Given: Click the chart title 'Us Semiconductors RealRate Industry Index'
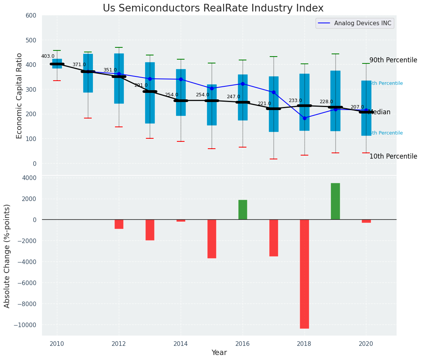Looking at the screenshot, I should (213, 8).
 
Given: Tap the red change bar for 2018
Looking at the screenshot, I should (304, 274).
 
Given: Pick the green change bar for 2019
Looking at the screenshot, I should (335, 201).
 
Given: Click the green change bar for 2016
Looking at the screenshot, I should (243, 209).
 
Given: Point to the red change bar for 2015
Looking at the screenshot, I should (212, 238).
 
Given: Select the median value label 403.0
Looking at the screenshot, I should (48, 57).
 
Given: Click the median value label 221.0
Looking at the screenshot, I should (264, 104).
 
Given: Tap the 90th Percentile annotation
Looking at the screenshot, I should (393, 60).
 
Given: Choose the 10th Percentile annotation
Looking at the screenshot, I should (393, 157).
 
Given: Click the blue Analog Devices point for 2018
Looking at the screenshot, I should (304, 118).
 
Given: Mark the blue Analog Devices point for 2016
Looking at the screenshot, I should (243, 84).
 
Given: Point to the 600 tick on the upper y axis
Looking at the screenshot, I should (31, 16).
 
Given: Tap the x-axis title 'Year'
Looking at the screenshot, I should (219, 353).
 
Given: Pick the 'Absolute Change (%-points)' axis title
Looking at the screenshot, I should (7, 256).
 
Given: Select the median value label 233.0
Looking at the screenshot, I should (295, 101).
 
